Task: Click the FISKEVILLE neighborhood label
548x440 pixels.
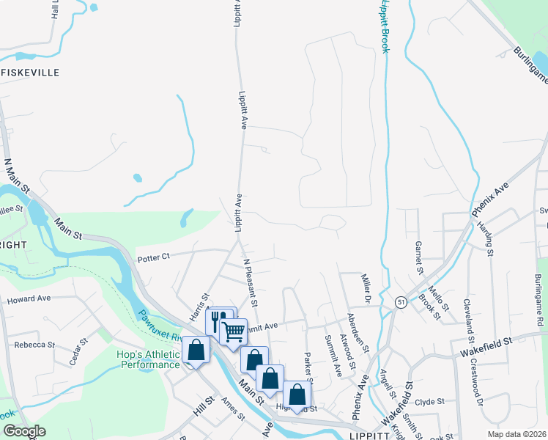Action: pyautogui.click(x=29, y=73)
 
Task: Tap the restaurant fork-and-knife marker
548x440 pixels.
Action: pyautogui.click(x=217, y=320)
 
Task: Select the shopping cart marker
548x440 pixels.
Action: pyautogui.click(x=234, y=331)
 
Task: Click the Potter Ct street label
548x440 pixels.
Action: pyautogui.click(x=154, y=257)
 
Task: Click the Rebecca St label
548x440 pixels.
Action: pyautogui.click(x=34, y=345)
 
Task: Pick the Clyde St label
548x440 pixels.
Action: pyautogui.click(x=429, y=402)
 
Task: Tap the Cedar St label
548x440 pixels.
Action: pyautogui.click(x=78, y=351)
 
